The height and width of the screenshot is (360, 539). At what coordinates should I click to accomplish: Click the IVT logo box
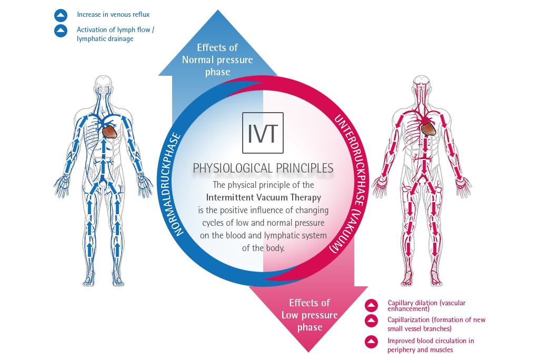tap(262, 132)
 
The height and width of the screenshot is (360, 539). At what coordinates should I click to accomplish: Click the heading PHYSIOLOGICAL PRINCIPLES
tap(263, 168)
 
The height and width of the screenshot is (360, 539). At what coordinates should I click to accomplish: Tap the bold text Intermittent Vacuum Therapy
tap(263, 198)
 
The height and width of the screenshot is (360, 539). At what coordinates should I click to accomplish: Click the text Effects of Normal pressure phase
tap(217, 59)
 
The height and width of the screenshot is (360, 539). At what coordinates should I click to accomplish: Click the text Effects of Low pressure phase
tap(309, 315)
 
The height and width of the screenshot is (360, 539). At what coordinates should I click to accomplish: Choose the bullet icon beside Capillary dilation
tap(372, 306)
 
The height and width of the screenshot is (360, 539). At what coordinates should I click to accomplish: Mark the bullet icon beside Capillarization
tap(372, 320)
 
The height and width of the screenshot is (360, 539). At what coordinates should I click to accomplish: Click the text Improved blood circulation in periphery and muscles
tap(431, 345)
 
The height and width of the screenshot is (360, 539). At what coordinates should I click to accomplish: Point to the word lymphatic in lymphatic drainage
tap(90, 39)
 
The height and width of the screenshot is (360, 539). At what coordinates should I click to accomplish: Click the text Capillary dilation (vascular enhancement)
tap(426, 306)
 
